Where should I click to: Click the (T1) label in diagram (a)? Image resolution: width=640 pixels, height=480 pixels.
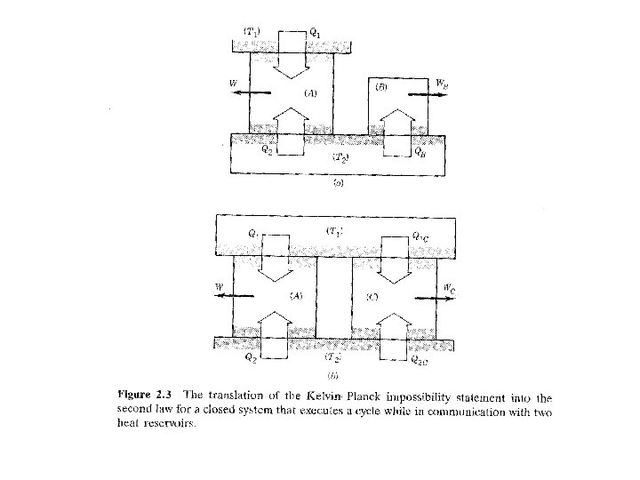coord(253,32)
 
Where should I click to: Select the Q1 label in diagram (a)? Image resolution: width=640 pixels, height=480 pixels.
coord(315,33)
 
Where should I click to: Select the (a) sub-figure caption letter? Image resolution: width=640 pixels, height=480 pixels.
coord(338,185)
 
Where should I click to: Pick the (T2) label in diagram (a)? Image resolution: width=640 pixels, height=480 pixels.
coord(341,157)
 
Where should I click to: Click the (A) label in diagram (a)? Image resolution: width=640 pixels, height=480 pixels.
coord(310,92)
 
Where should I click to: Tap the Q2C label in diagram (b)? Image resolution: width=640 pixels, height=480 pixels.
coord(419,360)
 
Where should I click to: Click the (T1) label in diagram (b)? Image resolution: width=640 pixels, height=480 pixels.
coord(335,231)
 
